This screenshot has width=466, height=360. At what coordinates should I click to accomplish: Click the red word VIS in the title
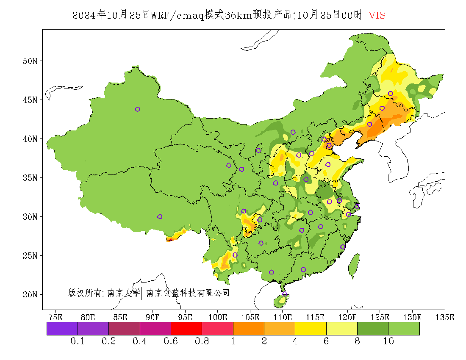[x=377, y=15]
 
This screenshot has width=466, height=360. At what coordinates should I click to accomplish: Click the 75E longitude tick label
[x=55, y=317]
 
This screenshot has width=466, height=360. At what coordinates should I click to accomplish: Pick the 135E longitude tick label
[x=445, y=317]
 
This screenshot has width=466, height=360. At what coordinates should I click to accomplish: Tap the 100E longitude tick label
[x=218, y=317]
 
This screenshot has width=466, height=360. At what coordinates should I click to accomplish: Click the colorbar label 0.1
[x=78, y=341]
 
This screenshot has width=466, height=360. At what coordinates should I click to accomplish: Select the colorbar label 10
[x=388, y=341]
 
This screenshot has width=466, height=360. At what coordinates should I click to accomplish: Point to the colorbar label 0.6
[x=171, y=341]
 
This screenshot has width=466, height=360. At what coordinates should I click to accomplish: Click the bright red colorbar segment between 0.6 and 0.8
[x=186, y=329]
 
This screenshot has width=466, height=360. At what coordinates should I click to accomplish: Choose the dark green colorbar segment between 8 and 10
[x=373, y=329]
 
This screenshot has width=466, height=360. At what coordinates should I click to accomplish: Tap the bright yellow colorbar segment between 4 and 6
[x=311, y=329]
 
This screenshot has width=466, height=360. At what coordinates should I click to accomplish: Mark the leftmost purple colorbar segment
[x=62, y=329]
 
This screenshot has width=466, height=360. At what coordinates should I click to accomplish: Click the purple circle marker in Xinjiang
[x=137, y=109]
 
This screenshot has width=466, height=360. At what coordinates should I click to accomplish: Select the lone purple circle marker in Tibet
[x=160, y=216]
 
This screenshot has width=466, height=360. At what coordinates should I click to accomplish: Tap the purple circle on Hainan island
[x=285, y=294]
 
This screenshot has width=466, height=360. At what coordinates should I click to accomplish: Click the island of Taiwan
[x=354, y=266]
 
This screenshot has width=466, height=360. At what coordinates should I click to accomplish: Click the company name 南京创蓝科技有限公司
[x=188, y=293]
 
